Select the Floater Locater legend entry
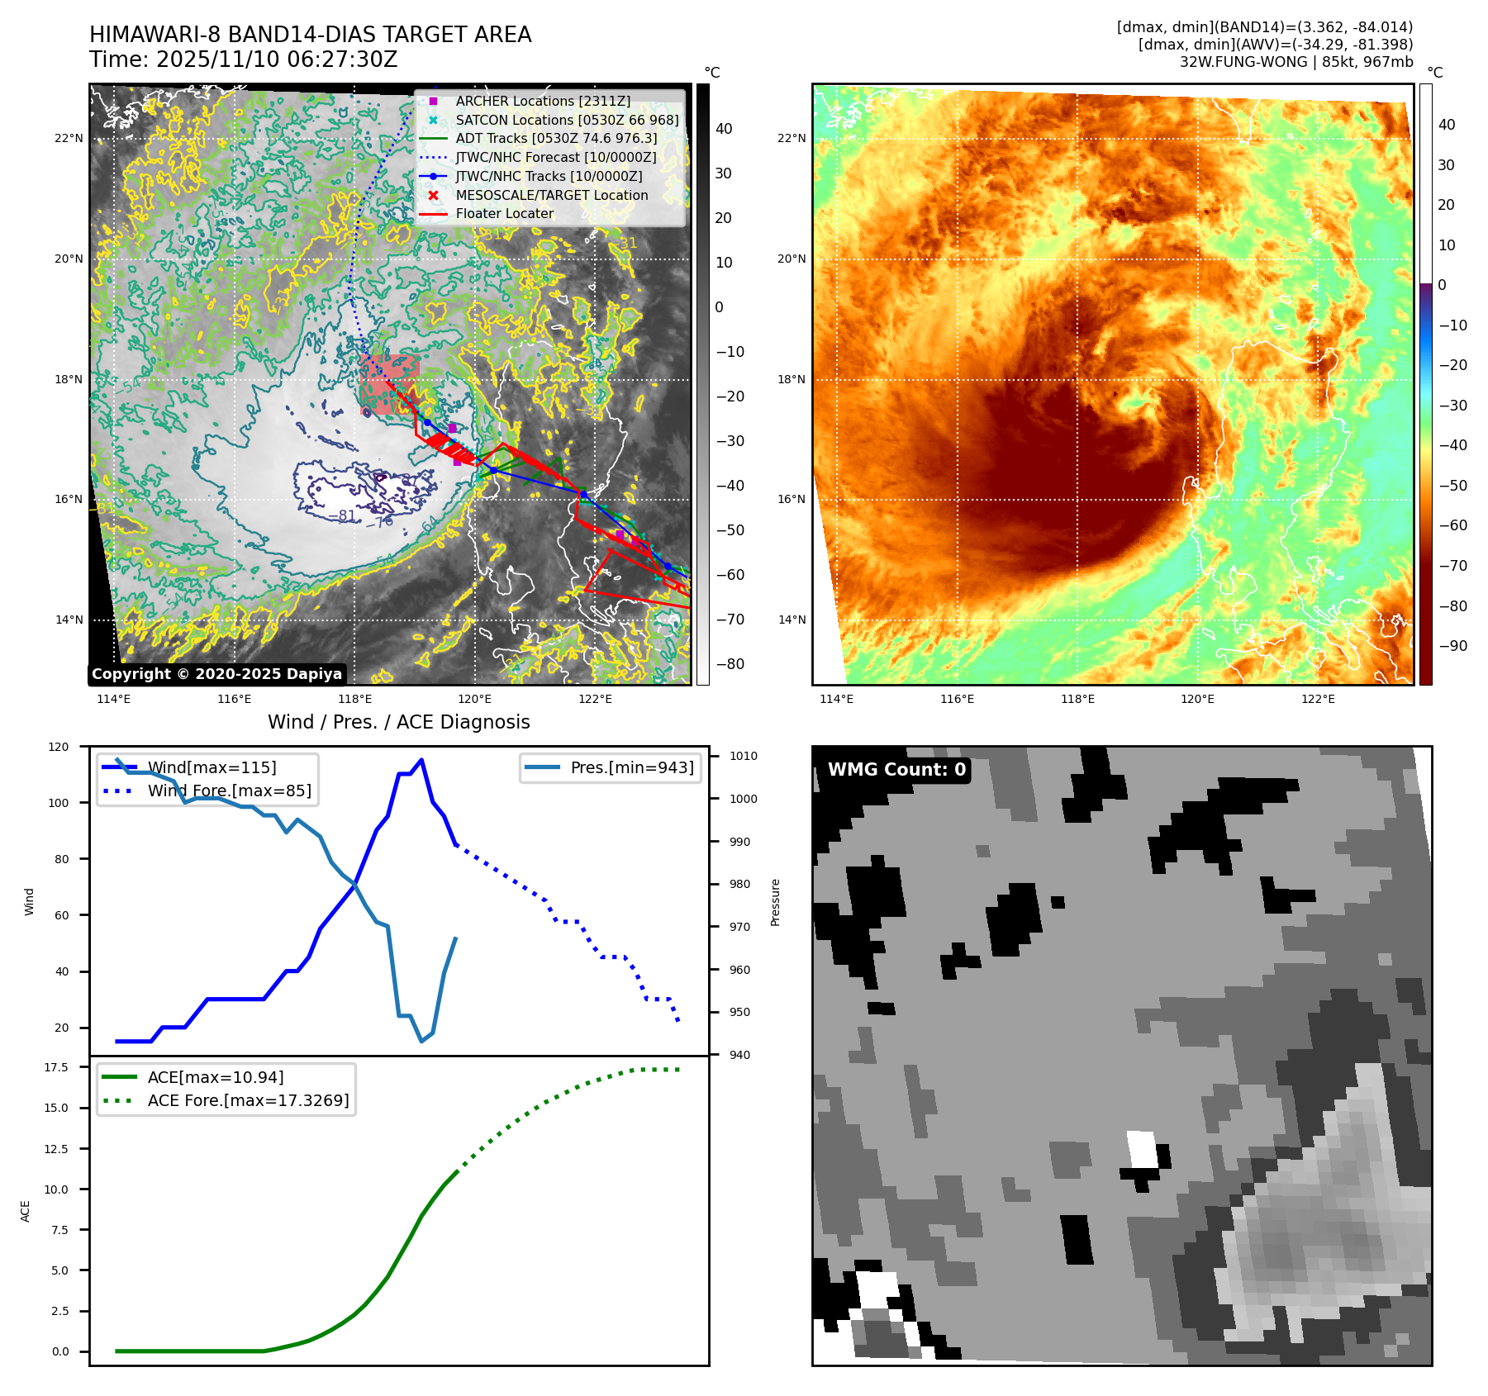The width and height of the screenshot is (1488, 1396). [x=504, y=213]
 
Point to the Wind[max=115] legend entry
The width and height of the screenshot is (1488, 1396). [x=212, y=767]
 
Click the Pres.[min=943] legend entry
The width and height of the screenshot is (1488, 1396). [x=631, y=767]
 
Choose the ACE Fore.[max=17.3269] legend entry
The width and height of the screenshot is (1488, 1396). [x=248, y=1100]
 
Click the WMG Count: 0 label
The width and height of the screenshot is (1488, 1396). [x=896, y=770]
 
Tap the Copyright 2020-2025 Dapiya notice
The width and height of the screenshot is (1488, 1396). [x=216, y=674]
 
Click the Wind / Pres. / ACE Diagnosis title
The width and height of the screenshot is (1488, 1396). [x=398, y=722]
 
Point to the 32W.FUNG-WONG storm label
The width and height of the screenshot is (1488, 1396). [x=1238, y=62]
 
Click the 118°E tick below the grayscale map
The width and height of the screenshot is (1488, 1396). [x=354, y=700]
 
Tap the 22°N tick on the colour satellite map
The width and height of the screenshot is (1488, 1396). [x=792, y=138]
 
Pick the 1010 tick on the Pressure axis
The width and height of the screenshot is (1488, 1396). [x=743, y=756]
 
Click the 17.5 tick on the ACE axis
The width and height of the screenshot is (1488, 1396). [x=56, y=1067]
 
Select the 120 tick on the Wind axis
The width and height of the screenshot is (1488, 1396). [x=59, y=747]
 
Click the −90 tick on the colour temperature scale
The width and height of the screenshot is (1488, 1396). [x=1452, y=646]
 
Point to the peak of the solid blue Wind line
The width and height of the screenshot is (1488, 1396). [x=421, y=760]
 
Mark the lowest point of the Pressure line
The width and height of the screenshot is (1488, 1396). [x=421, y=1041]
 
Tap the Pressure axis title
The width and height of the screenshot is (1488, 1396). [x=775, y=902]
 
